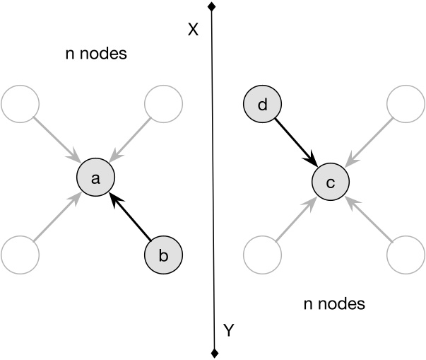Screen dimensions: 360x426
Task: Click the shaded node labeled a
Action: (x=96, y=180)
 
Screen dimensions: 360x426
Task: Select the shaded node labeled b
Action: (x=163, y=255)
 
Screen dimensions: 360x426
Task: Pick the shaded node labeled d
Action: (x=262, y=107)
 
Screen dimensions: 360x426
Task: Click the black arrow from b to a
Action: (x=131, y=219)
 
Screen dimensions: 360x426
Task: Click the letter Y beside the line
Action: (x=228, y=329)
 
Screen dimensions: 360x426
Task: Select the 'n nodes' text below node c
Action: (x=333, y=305)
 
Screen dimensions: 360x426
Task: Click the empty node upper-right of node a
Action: (x=163, y=105)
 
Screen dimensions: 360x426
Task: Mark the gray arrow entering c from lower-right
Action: (x=368, y=220)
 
